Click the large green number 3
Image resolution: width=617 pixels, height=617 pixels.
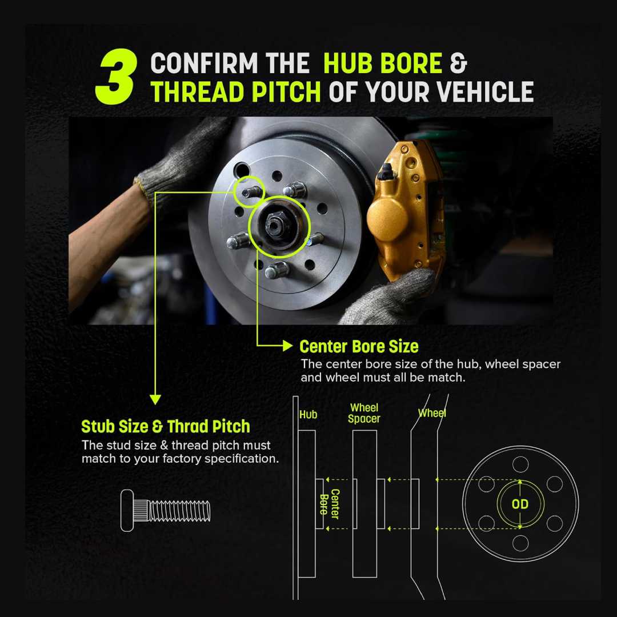[x=117, y=77]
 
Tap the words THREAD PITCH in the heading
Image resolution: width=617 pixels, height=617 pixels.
[x=236, y=92]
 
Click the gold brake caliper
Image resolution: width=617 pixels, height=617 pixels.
[x=405, y=213]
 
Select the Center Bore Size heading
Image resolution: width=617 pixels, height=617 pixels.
[x=359, y=347]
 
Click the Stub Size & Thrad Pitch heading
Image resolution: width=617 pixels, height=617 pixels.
[x=165, y=427]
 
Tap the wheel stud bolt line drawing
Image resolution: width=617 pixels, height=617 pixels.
[x=165, y=510]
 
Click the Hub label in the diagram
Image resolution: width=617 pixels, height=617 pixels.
[x=308, y=414]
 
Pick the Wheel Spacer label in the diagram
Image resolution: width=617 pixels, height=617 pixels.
[x=364, y=413]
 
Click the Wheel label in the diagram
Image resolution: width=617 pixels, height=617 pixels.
[x=432, y=413]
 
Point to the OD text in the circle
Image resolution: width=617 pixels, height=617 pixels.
[x=520, y=504]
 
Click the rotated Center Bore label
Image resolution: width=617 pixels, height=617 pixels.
[x=330, y=504]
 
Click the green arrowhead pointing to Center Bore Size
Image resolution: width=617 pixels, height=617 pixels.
[x=288, y=346]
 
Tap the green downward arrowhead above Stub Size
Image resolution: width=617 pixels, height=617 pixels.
[x=155, y=399]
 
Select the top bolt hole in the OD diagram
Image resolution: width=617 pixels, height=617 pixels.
[x=520, y=464]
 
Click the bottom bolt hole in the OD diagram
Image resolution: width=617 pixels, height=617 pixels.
[x=520, y=543]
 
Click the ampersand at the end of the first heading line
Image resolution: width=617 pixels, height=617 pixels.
[x=458, y=63]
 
